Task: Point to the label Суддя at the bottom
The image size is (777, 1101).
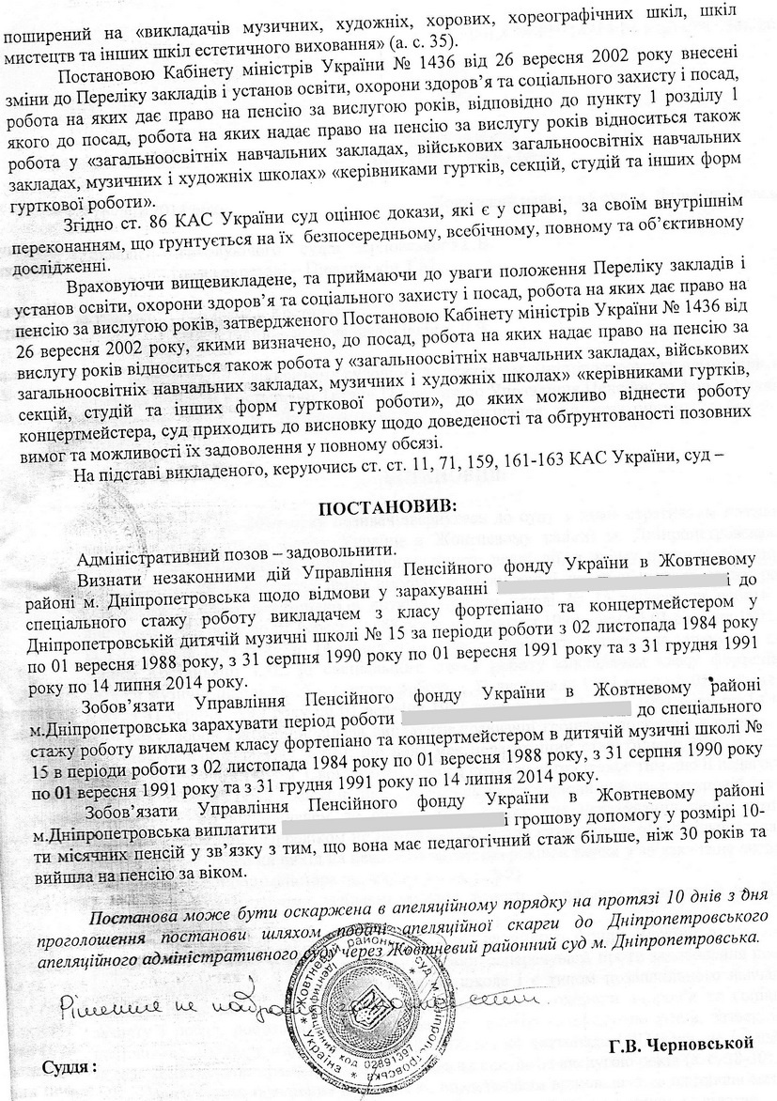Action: point(70,1068)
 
